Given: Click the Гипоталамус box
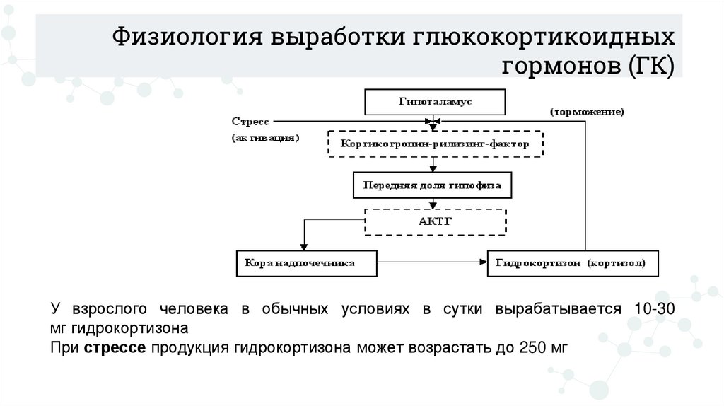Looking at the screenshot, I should click(x=434, y=102).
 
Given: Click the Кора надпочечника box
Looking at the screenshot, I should click(x=305, y=262).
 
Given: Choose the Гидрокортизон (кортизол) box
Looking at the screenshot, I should click(x=573, y=262).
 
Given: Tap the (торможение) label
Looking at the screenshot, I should click(x=586, y=112).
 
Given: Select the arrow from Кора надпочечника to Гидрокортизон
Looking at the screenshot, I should click(x=432, y=262).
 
